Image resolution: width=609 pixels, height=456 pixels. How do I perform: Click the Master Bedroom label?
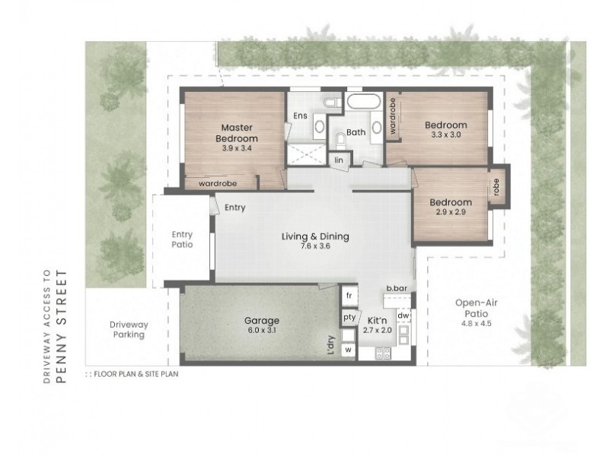pos(237,133)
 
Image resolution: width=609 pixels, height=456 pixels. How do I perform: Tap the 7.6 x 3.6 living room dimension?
pos(315,245)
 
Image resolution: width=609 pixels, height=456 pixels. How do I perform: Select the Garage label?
pos(262,321)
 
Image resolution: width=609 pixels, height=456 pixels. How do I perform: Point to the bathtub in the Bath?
pos(363,102)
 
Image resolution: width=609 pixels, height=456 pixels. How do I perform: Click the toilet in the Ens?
pos(331,103)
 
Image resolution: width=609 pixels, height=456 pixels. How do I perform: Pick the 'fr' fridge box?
pos(349,296)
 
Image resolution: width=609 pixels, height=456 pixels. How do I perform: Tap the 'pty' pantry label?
pos(349,317)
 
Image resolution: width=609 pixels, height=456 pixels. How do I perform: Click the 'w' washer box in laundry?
pos(349,350)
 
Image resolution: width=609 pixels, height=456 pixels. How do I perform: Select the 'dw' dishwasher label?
pos(403,315)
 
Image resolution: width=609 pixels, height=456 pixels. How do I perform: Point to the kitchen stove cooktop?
pos(383,353)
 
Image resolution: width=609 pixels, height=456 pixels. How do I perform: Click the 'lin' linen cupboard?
pos(339,160)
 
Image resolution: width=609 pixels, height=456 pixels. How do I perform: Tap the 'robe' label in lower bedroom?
pos(496,187)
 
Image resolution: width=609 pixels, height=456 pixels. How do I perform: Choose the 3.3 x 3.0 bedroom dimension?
pos(446,135)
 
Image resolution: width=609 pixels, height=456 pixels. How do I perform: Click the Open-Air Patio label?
pos(477,309)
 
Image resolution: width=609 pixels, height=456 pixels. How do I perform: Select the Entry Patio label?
pos(182,239)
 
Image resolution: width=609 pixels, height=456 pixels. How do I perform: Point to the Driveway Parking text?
pos(129,329)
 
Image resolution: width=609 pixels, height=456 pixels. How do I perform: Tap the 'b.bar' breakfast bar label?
pos(397,288)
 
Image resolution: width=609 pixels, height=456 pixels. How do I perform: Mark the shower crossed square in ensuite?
pos(307,154)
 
